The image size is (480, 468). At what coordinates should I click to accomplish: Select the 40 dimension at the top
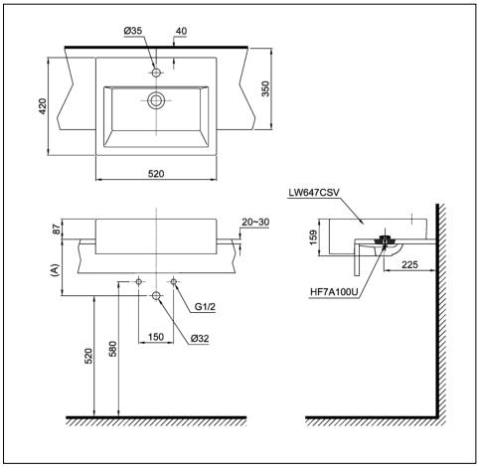click(180, 32)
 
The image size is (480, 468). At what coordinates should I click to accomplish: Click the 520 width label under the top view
click(156, 173)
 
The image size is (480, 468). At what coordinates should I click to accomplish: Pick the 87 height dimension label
click(57, 231)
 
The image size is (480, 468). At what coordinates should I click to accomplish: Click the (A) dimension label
click(57, 268)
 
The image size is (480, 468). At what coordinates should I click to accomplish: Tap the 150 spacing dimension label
click(156, 337)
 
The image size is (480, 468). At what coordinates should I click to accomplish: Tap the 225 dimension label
click(407, 264)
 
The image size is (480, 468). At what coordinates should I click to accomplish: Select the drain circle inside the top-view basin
click(156, 99)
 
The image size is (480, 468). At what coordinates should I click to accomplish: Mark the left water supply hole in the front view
click(139, 282)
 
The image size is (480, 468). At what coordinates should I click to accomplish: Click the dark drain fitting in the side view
click(382, 241)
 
